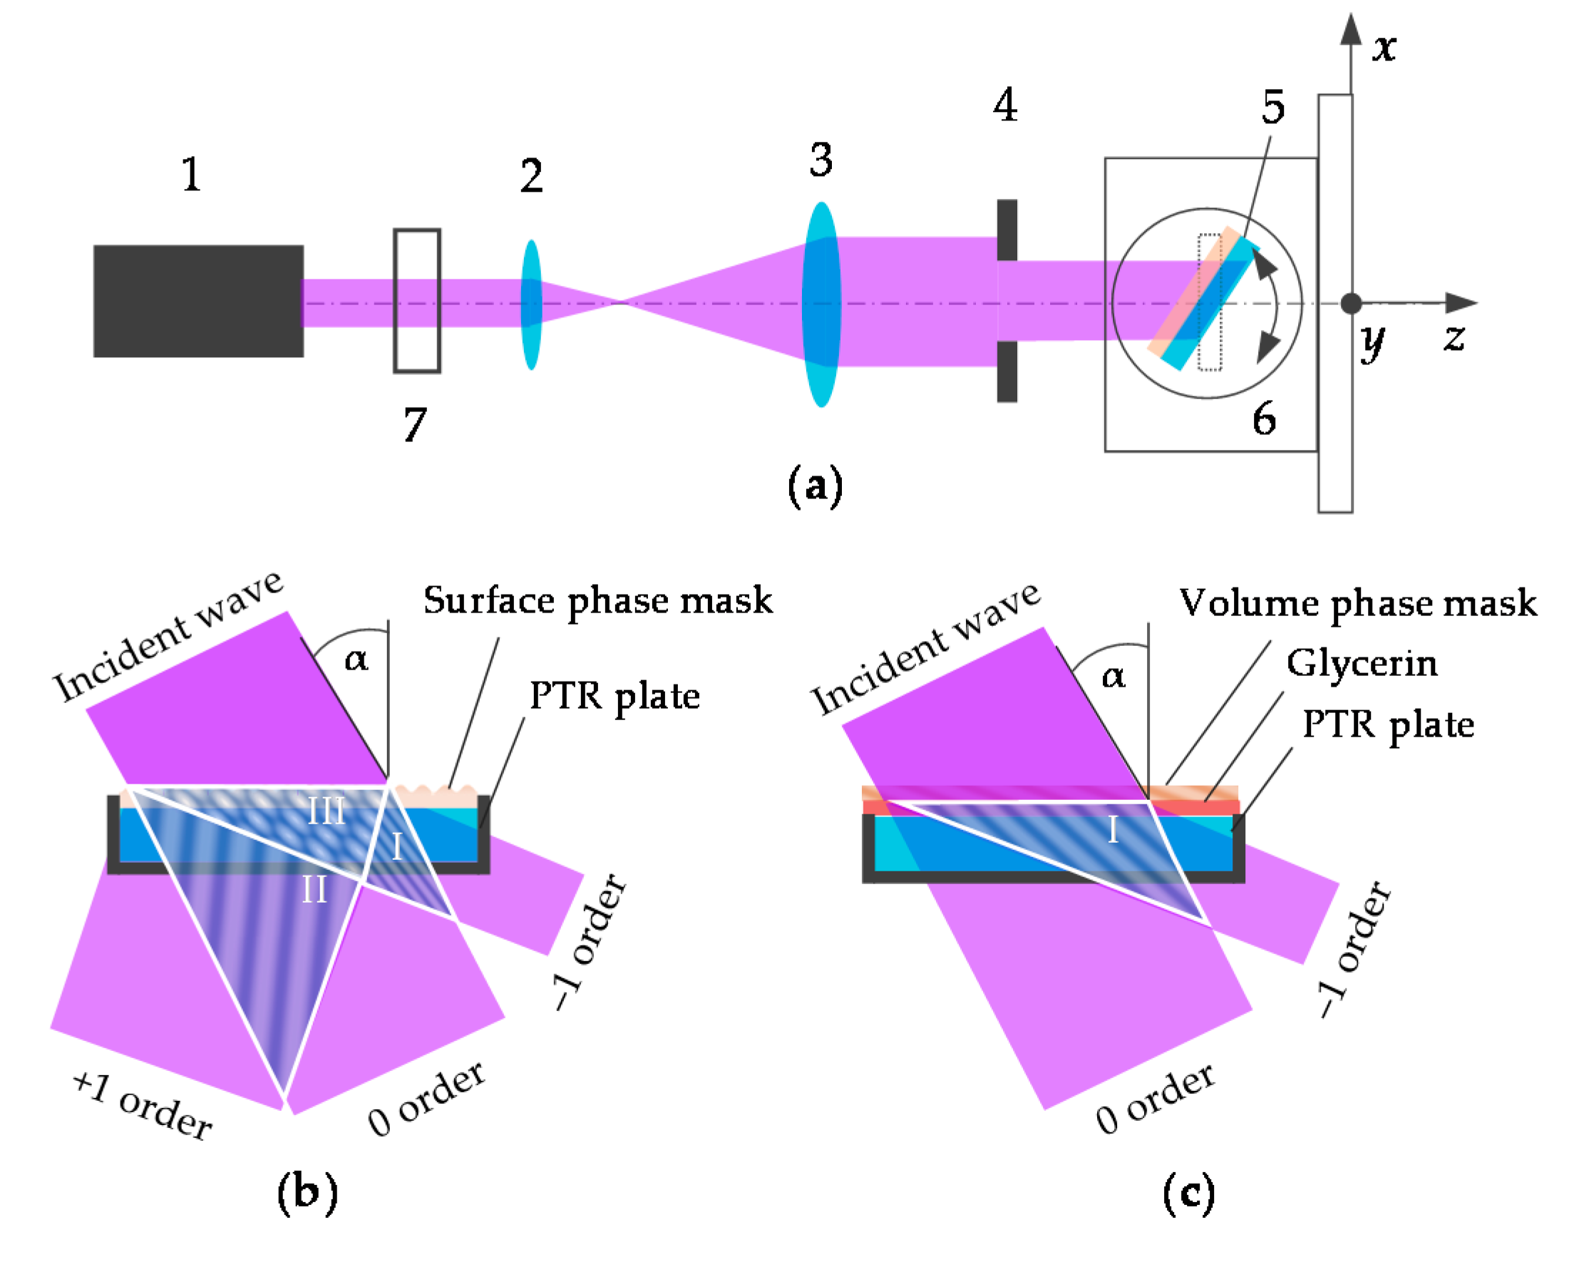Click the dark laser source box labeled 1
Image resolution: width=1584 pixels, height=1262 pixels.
198,302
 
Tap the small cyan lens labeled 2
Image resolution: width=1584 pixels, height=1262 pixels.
531,304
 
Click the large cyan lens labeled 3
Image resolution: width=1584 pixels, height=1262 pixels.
821,304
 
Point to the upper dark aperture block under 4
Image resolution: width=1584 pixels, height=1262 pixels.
1007,230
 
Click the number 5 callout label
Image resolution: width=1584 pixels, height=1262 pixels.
1273,108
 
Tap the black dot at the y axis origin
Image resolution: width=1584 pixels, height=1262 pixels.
1350,303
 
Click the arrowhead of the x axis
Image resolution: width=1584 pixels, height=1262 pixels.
1350,29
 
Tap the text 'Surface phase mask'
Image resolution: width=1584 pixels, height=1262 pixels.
597,601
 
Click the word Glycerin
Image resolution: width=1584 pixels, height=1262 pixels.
1362,664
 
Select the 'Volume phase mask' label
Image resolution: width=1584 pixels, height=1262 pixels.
1358,603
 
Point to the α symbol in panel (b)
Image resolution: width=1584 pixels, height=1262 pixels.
356,659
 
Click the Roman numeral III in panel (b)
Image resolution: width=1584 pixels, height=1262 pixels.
326,811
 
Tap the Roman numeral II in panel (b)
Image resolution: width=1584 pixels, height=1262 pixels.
314,890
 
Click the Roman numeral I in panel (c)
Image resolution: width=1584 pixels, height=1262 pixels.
1113,830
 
